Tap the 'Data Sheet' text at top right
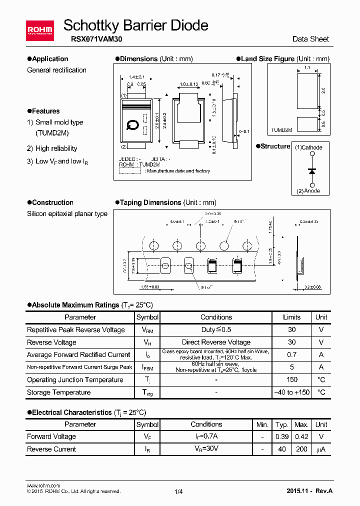310,39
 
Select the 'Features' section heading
45,111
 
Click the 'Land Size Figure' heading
267,59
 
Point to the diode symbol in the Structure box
312,170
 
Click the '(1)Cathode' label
308,147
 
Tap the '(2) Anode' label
308,191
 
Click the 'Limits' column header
292,317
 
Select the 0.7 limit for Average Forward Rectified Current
292,354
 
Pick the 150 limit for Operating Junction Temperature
292,379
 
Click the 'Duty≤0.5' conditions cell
216,329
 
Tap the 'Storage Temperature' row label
58,392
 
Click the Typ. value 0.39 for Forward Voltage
282,436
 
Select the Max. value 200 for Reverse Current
301,449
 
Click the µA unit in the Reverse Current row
321,449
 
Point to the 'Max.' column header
301,424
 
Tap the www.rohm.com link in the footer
43,485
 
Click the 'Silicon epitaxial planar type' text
67,213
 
